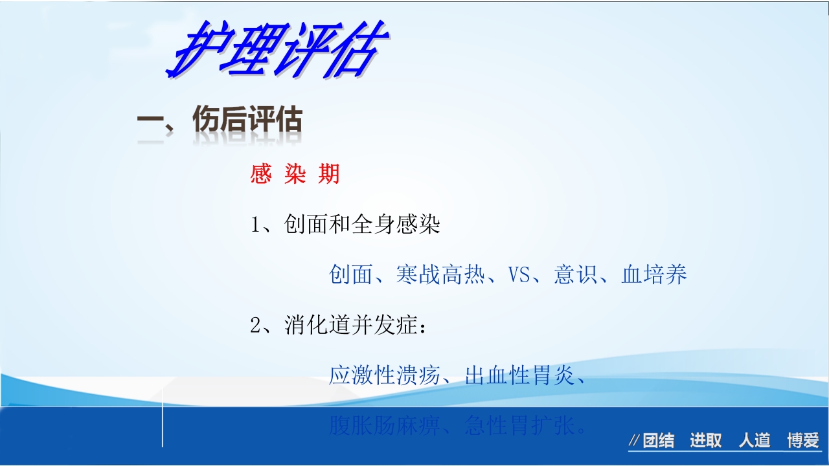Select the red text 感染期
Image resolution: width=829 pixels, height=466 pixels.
[295, 174]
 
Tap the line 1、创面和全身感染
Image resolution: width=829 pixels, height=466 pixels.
[346, 225]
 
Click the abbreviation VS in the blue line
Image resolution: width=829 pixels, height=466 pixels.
[519, 275]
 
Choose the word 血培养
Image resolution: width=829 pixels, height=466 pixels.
[654, 275]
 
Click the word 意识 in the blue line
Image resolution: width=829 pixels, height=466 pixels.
[576, 275]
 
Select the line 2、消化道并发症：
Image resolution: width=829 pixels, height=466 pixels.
[339, 326]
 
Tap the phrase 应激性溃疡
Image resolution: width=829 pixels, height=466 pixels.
[385, 375]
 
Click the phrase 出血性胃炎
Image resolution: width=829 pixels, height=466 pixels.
[519, 375]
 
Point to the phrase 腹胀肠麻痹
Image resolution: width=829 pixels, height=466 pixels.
[385, 426]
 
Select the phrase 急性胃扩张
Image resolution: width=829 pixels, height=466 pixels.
[519, 426]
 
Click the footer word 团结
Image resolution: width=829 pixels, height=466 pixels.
[659, 441]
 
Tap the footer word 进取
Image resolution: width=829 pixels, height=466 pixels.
[706, 441]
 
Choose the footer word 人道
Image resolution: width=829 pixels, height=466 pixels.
[755, 441]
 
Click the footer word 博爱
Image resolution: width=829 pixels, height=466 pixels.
[803, 441]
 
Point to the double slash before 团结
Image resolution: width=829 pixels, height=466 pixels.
[635, 442]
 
